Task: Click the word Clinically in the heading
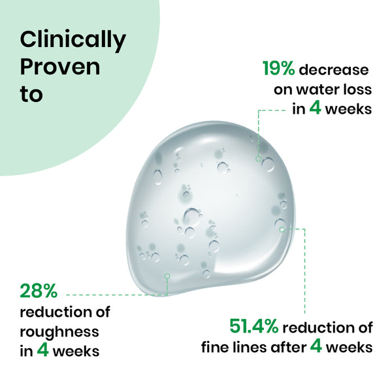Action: (73, 41)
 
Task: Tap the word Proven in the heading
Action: (60, 67)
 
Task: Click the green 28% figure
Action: (39, 290)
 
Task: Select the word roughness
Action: (59, 331)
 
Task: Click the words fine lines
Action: (232, 346)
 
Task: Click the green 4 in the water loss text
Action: (315, 108)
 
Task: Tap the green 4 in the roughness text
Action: (43, 350)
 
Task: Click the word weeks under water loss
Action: (348, 108)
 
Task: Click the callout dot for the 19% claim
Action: (259, 158)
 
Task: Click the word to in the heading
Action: (31, 93)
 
